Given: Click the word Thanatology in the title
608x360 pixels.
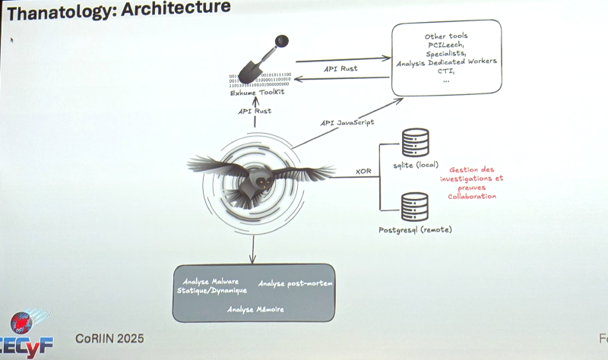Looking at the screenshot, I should (58, 10).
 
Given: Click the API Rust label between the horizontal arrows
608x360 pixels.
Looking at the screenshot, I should (340, 68).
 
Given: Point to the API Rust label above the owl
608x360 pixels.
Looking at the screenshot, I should (255, 111).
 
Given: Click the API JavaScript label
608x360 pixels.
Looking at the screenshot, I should (347, 122).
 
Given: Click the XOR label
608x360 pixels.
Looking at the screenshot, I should (363, 172).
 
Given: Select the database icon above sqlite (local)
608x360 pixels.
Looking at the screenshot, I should (415, 142).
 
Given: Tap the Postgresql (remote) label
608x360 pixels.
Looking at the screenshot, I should (415, 229).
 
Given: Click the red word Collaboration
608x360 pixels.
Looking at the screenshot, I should (472, 196).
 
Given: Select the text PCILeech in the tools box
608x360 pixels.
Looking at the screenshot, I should (446, 46).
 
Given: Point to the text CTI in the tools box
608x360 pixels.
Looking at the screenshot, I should (446, 71).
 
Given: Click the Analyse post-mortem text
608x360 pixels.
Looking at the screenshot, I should (295, 283).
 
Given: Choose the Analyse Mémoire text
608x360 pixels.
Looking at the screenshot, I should (255, 309).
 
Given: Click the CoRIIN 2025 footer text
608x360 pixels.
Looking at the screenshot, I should (109, 337).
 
